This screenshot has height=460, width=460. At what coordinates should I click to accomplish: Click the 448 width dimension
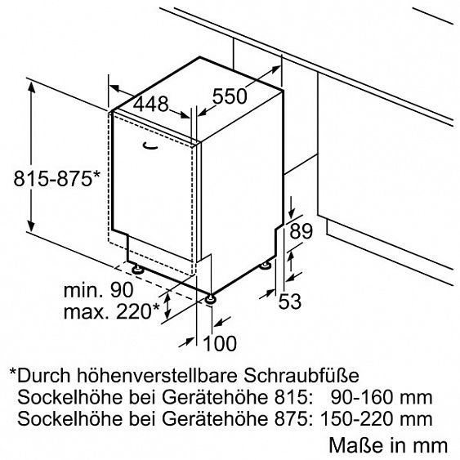[x=151, y=104]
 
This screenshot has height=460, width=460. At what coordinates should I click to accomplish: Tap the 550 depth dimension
[x=229, y=96]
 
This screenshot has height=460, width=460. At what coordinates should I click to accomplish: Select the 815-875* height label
[x=57, y=178]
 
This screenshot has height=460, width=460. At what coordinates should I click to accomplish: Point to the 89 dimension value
[x=301, y=231]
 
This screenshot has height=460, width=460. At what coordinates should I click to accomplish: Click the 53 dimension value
[x=290, y=301]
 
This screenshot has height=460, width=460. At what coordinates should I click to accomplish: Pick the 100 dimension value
[x=220, y=343]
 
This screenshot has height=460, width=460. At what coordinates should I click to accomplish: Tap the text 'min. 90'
[x=99, y=290]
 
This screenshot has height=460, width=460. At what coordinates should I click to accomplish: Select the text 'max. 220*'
[x=111, y=311]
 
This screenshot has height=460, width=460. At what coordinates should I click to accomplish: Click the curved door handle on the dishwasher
[x=150, y=146]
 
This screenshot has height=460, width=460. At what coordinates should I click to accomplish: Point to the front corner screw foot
[x=210, y=299]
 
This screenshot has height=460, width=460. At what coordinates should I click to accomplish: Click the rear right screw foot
[x=266, y=266]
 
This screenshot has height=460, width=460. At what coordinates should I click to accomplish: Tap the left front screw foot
[x=137, y=269]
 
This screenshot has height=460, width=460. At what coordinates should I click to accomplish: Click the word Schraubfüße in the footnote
[x=301, y=375]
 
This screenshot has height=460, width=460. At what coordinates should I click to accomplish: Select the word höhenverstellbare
[x=157, y=375]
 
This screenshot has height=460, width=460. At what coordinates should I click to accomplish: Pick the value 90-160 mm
[x=382, y=397]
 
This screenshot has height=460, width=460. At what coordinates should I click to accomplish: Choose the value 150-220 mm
[x=377, y=418]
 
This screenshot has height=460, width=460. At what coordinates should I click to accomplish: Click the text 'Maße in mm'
[x=388, y=445]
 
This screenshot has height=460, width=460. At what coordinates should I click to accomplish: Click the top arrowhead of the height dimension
[x=31, y=87]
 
